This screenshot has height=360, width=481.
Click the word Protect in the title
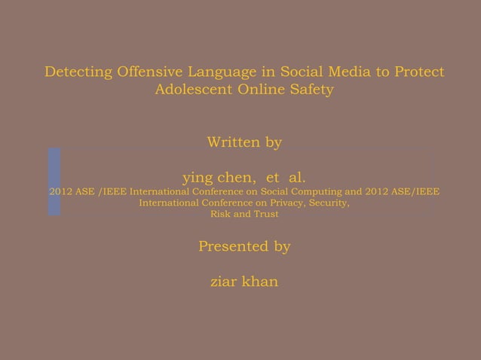(x=419, y=72)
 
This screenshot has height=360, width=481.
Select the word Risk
(x=222, y=214)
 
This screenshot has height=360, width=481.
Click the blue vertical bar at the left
(x=54, y=182)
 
